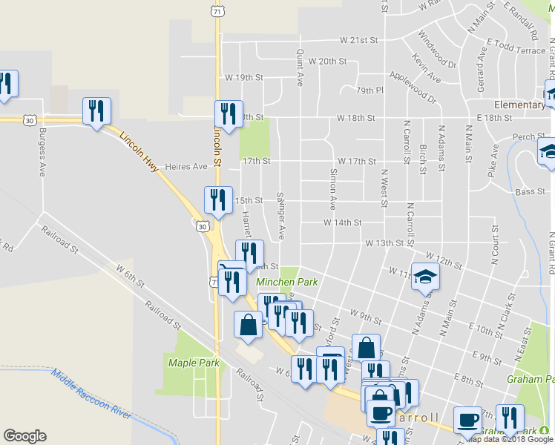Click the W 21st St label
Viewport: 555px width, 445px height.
click(359, 39)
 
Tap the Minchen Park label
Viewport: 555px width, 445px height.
click(286, 282)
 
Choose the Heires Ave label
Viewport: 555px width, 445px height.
click(186, 167)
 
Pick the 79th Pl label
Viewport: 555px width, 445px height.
click(369, 90)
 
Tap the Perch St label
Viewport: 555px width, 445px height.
click(524, 136)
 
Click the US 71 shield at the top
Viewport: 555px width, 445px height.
click(215, 12)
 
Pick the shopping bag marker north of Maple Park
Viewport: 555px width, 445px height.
click(248, 324)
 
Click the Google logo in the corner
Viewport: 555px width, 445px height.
click(24, 436)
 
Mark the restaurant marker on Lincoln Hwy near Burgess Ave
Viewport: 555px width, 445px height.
click(96, 111)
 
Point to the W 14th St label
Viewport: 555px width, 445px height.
click(342, 222)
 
